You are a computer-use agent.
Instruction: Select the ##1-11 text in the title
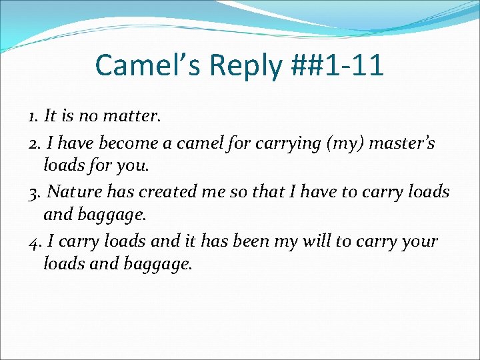[339, 65]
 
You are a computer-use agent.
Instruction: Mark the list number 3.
[35, 192]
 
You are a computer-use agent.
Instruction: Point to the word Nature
[71, 192]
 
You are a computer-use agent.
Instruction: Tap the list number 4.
[35, 241]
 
